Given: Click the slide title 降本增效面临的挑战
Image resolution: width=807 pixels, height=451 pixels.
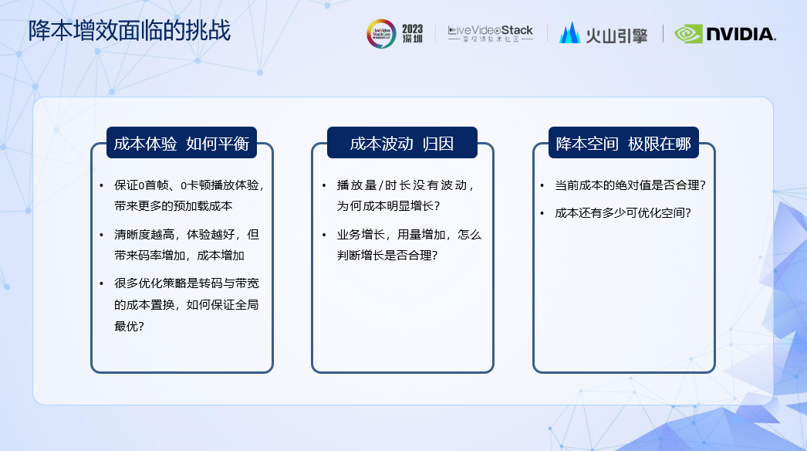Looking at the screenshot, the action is click(x=129, y=31).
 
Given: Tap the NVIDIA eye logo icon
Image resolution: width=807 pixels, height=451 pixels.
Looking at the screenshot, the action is click(x=688, y=34).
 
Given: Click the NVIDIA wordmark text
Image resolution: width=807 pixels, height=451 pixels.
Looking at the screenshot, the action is click(x=741, y=35).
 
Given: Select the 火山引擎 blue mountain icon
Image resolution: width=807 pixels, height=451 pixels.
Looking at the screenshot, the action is click(x=569, y=33).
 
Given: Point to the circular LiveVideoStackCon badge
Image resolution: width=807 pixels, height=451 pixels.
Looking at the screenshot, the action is click(x=381, y=34).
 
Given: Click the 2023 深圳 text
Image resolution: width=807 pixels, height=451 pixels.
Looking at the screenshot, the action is click(x=412, y=33).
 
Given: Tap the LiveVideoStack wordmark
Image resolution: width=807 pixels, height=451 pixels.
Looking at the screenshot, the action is click(x=491, y=33).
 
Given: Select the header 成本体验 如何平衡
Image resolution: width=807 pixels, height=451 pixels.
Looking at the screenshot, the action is click(x=181, y=144).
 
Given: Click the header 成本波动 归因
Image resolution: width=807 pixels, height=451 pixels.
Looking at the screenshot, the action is click(x=402, y=144).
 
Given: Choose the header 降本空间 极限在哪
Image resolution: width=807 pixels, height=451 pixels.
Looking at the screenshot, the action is click(x=623, y=144).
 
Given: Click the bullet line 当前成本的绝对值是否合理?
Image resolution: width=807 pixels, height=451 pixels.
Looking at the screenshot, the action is click(x=630, y=185).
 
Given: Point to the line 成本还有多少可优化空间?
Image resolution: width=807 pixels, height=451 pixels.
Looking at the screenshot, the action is click(x=623, y=213).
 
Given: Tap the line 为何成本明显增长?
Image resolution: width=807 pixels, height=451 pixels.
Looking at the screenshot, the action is click(x=389, y=205).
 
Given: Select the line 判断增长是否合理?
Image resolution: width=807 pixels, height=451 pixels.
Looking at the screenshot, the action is click(x=387, y=255).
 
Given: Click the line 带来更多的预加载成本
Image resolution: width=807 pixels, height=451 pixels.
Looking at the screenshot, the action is click(x=174, y=205).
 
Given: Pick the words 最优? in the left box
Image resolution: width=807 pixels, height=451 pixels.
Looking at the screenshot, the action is click(x=129, y=326).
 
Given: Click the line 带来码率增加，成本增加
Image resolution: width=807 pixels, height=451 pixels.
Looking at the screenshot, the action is click(x=179, y=255).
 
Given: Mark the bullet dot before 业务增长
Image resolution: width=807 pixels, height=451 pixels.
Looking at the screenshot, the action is click(x=324, y=235).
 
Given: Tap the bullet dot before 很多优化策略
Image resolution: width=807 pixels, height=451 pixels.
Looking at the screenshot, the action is click(x=101, y=283).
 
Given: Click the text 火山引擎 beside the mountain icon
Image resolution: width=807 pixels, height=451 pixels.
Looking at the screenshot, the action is click(x=616, y=35).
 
